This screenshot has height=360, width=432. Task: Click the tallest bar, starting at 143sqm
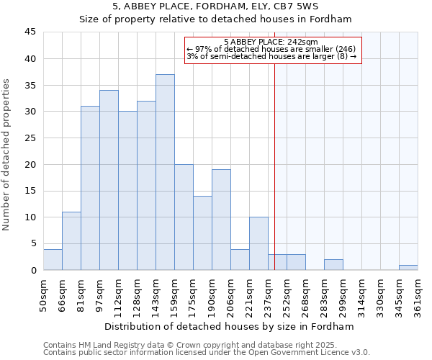coord(165,173)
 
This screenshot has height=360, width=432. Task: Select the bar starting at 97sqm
coord(109,180)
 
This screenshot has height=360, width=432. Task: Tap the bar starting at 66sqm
coord(71,241)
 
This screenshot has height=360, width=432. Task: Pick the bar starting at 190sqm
coord(221,220)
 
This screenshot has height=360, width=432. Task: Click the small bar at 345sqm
coord(408,268)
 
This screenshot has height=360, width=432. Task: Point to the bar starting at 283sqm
coord(333,265)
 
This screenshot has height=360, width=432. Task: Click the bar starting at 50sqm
coord(53,260)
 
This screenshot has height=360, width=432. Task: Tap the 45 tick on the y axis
coord(30,32)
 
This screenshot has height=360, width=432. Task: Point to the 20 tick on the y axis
coord(30,164)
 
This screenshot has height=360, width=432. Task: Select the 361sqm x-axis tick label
coord(418,293)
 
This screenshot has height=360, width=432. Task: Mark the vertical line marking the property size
coord(274,166)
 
